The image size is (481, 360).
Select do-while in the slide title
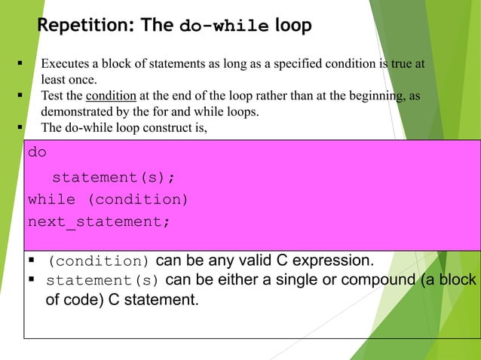(x=224, y=26)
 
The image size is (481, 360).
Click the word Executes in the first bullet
(x=66, y=64)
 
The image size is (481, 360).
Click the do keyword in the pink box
(x=37, y=152)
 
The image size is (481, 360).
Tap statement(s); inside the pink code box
(x=113, y=177)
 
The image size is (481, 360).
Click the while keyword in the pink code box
(x=51, y=200)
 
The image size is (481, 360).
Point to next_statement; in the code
(x=99, y=222)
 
